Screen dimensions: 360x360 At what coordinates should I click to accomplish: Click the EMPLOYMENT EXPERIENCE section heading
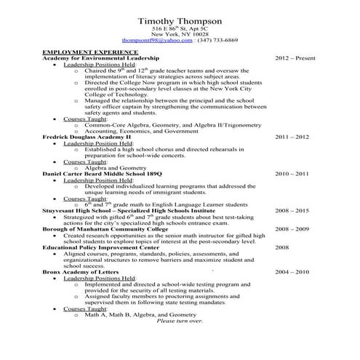90,53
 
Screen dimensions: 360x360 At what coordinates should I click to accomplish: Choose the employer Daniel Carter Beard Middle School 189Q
103,175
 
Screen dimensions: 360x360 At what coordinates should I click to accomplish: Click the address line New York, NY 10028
180,34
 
